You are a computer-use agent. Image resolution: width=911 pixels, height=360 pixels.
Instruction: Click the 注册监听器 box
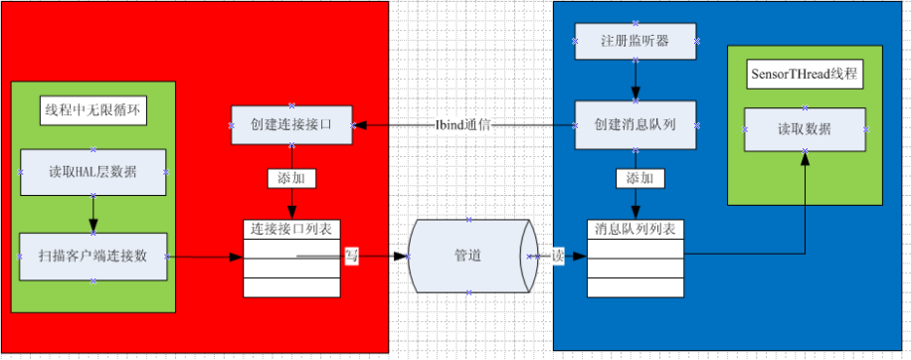point(636,41)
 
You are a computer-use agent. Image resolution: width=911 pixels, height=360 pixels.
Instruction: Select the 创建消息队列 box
point(636,126)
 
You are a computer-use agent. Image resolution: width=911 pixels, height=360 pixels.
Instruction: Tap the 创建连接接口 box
point(291,126)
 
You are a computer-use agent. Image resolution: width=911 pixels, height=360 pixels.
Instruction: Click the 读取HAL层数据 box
point(92,171)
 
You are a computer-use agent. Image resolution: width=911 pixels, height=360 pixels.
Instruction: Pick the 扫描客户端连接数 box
point(92,257)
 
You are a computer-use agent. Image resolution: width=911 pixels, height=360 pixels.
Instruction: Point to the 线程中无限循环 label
point(92,109)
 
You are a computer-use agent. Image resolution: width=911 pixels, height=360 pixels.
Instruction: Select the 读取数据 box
point(805,129)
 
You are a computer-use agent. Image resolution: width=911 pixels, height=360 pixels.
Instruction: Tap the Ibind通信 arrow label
point(463,126)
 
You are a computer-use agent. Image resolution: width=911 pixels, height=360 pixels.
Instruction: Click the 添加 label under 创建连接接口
point(291,179)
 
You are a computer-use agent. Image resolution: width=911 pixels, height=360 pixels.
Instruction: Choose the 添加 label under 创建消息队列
point(636,179)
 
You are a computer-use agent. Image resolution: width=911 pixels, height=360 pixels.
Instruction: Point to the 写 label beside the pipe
point(351,257)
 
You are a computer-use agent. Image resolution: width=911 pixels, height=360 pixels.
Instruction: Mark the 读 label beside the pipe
point(557,257)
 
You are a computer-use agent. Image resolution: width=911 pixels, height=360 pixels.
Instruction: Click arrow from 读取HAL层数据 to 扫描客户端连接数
point(92,213)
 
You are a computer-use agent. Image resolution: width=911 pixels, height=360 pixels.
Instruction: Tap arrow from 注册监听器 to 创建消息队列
point(636,84)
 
